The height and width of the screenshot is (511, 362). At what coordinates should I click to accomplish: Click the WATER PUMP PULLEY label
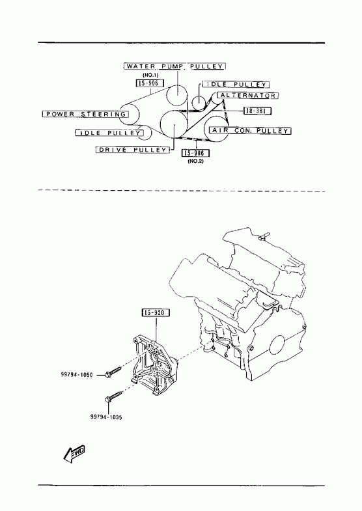point(174,66)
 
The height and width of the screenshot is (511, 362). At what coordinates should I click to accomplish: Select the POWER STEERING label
point(85,114)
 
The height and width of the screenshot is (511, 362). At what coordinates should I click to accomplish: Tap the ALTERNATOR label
point(247,96)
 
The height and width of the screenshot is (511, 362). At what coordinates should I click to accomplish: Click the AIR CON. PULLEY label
point(250,131)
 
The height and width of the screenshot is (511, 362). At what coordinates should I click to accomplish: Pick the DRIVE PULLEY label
point(133,150)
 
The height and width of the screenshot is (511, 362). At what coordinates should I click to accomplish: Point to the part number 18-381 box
point(257,111)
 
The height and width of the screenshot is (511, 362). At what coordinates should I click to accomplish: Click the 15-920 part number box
point(156,313)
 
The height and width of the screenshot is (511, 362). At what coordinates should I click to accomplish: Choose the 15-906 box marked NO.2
point(195,153)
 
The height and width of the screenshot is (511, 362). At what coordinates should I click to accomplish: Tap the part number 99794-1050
point(77,375)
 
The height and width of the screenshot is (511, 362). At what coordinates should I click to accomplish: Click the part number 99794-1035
point(106,417)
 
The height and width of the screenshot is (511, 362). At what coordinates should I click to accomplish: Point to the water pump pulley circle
point(177,95)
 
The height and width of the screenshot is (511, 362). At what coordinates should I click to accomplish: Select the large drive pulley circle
point(174,124)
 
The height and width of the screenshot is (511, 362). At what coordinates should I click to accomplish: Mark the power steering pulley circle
point(129,115)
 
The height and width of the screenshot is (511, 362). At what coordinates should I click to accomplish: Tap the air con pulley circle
point(216,130)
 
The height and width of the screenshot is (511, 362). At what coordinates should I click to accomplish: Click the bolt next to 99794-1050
point(113,372)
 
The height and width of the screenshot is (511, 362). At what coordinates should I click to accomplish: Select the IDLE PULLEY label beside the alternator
point(236,85)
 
